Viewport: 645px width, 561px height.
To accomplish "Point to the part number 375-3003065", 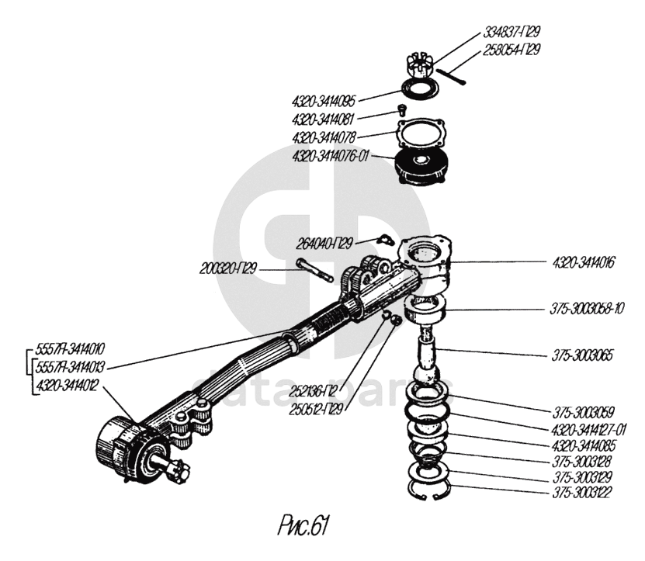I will (x=583, y=356).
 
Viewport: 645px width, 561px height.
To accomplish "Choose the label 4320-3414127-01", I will (x=589, y=428).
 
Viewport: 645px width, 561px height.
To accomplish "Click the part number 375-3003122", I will (x=582, y=493).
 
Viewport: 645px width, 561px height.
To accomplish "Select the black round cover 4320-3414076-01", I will (x=424, y=166).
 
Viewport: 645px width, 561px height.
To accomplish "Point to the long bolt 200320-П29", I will (x=314, y=273).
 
